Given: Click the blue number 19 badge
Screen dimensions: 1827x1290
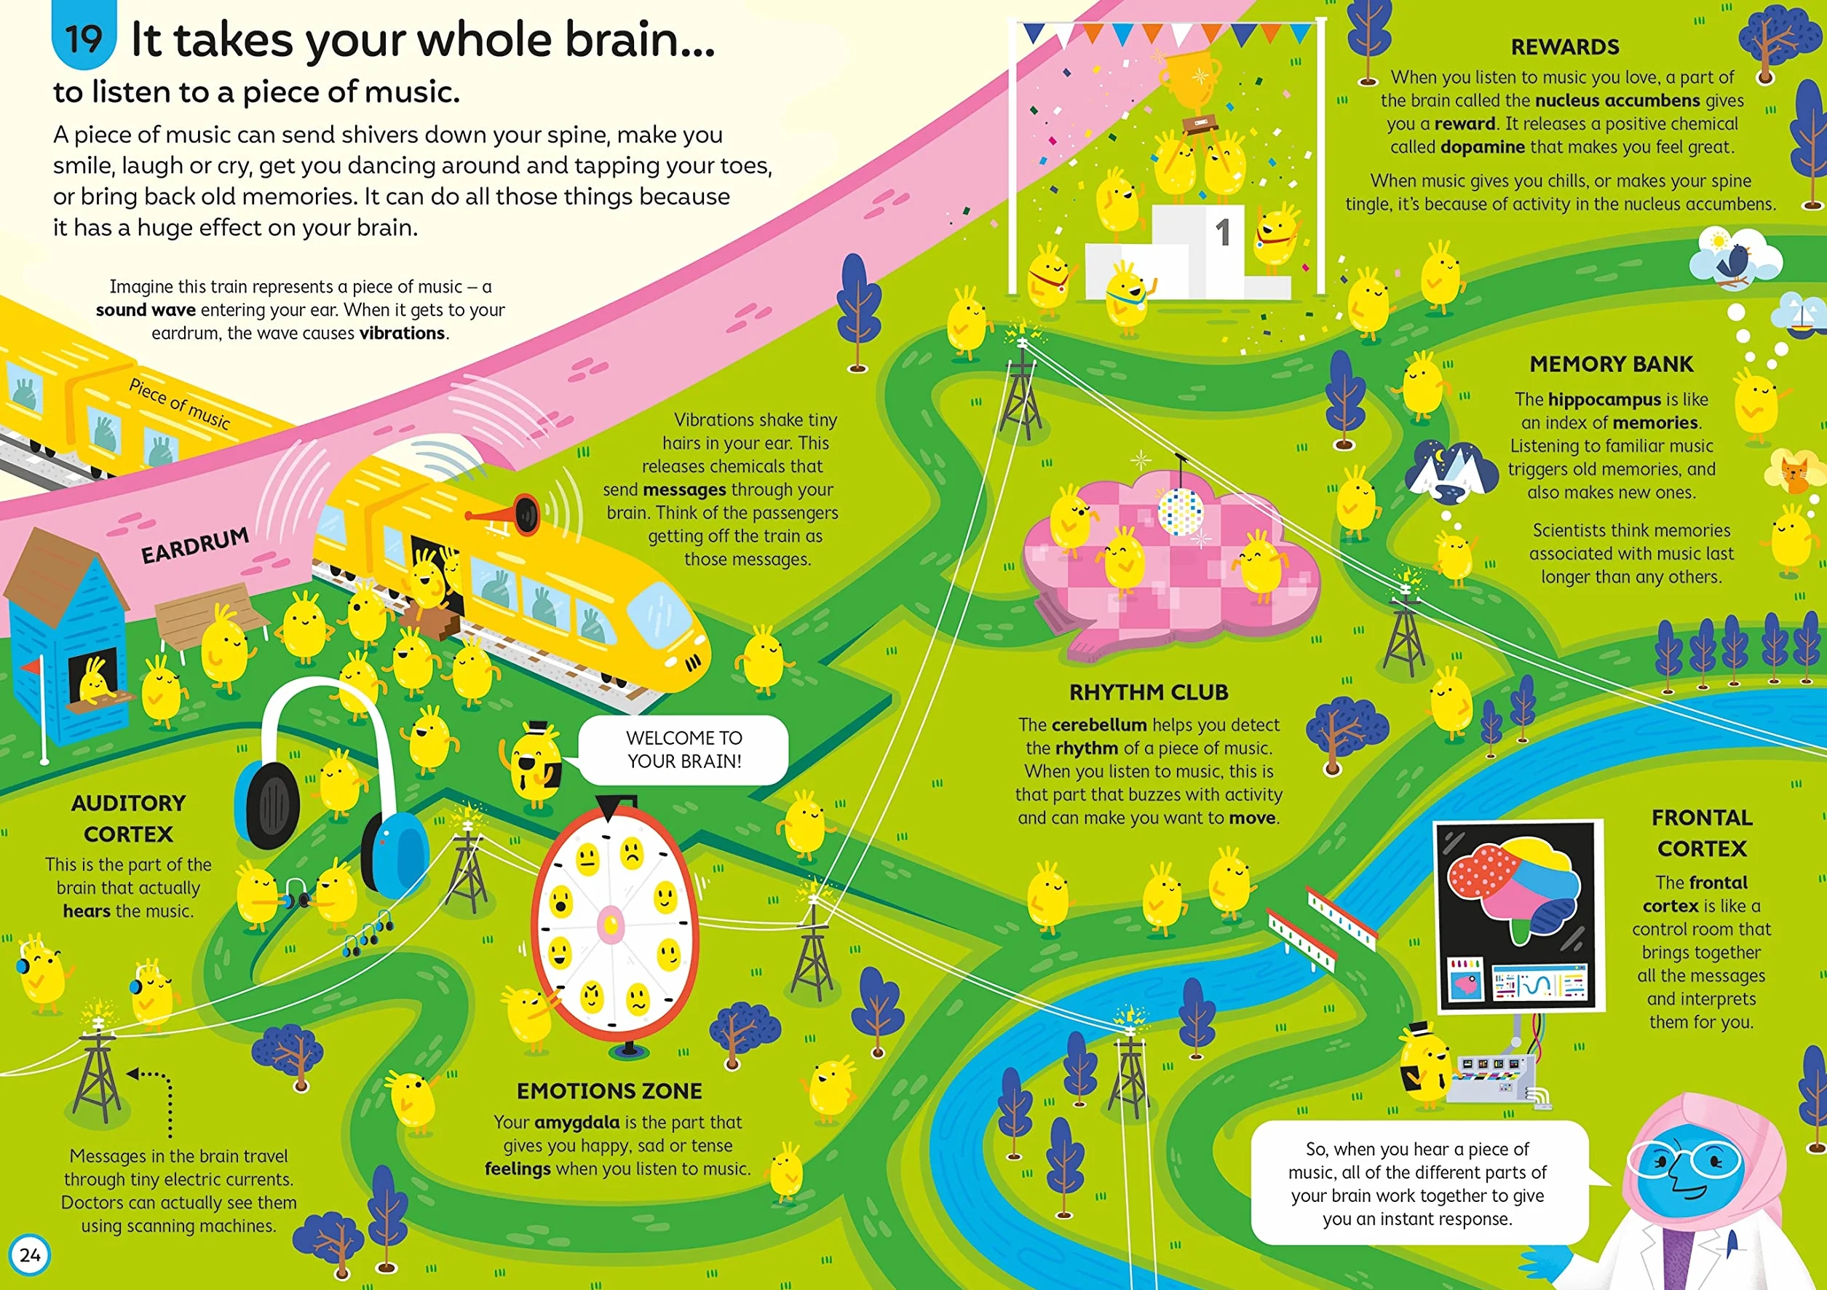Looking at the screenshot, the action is (x=84, y=36).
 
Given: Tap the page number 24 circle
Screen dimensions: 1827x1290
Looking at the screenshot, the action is (x=31, y=1255).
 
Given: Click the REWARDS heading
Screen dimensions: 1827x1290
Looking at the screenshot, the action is (x=1564, y=47).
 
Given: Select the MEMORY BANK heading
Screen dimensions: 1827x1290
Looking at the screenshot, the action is (x=1612, y=364).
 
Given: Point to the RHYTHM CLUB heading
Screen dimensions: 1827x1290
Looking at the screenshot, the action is (x=1148, y=692).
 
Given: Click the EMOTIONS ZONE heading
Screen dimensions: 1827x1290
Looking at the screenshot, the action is (x=609, y=1091).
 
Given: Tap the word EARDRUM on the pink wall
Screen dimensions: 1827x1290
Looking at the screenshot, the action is (x=195, y=545).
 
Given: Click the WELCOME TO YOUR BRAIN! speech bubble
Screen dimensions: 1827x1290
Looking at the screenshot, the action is (x=683, y=750).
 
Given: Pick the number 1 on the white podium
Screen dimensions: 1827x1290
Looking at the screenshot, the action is (x=1223, y=233).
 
